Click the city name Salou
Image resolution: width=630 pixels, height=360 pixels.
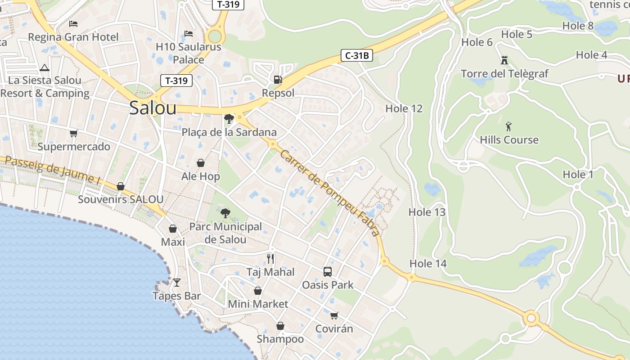point(153,108)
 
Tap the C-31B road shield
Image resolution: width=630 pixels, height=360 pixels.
point(357,55)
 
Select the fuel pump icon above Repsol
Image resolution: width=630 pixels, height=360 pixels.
point(278,80)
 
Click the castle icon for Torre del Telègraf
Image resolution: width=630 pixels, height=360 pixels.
point(504,60)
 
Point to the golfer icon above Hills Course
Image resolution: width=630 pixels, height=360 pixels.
point(508,126)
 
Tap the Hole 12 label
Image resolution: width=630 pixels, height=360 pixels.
point(404,108)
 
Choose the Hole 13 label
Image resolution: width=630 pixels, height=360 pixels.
point(427,212)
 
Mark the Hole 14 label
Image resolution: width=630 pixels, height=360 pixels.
point(428,263)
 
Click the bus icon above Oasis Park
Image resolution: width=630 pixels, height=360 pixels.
point(328,272)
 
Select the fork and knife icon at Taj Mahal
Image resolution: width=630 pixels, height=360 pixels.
point(270,258)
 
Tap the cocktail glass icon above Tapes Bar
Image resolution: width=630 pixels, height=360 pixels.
point(177,283)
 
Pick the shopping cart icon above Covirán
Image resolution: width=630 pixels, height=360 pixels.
point(334,315)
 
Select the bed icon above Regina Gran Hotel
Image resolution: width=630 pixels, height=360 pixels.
point(73,24)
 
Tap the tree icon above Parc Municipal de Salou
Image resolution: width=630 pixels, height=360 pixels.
point(225,212)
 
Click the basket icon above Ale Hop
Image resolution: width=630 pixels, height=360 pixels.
point(201,163)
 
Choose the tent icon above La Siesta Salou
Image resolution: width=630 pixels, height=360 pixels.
point(44,68)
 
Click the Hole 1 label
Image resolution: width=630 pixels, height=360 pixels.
point(578,174)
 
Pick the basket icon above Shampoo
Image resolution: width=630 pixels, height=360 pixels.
point(280,326)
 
